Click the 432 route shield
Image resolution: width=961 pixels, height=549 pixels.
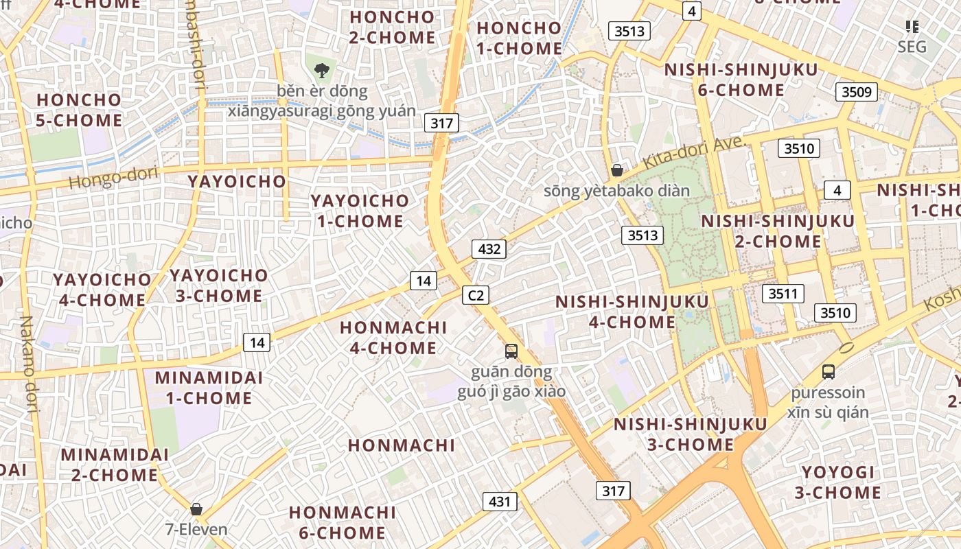[489, 248]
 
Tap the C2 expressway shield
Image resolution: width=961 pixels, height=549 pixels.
[475, 295]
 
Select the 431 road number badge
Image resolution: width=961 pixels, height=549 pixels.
[500, 502]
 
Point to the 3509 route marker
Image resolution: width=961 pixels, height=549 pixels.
[857, 91]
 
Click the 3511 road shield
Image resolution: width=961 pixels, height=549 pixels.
[783, 294]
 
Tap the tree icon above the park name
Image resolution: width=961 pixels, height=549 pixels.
[321, 69]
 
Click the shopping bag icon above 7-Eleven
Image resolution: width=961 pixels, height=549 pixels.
[196, 509]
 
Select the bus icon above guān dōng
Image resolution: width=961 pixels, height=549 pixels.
[511, 351]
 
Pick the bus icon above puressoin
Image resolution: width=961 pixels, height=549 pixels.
[829, 372]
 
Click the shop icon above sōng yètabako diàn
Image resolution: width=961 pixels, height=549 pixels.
[617, 170]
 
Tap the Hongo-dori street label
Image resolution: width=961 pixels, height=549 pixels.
[113, 178]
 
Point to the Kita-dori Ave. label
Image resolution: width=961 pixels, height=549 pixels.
[694, 153]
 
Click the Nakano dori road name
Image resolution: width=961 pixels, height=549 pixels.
[28, 364]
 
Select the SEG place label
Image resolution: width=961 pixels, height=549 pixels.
[912, 47]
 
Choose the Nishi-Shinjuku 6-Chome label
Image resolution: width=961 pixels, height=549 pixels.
[741, 80]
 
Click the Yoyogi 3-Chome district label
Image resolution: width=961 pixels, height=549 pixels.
[838, 482]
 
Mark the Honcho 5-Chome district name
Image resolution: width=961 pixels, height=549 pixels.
[80, 110]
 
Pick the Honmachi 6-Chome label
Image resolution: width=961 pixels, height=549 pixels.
[342, 522]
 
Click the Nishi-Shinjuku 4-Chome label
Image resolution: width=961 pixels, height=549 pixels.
[632, 312]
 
